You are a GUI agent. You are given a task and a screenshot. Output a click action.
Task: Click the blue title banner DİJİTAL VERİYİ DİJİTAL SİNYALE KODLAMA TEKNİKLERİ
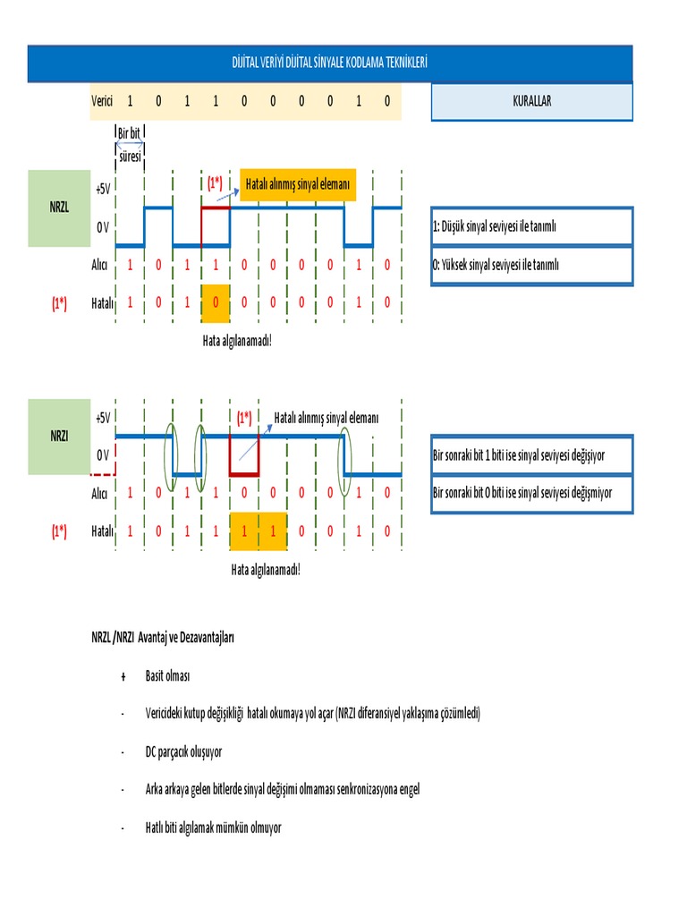329,63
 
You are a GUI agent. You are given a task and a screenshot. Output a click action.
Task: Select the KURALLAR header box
531,101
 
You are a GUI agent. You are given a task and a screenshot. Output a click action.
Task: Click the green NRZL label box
58,208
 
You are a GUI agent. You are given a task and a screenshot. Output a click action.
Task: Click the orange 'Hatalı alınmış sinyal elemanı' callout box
299,185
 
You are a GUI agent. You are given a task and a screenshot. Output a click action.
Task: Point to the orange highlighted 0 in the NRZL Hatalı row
216,302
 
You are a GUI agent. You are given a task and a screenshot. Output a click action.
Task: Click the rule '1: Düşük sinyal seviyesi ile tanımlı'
531,226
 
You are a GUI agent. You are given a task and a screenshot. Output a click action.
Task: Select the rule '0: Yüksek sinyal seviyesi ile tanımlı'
531,265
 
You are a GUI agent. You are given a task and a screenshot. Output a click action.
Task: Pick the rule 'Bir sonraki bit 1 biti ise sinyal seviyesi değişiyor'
531,455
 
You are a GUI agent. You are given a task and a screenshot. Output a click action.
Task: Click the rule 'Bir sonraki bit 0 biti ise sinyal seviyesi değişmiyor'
531,493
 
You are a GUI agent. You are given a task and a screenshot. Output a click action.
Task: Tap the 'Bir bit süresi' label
130,145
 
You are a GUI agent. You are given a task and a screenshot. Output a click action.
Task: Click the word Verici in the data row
102,101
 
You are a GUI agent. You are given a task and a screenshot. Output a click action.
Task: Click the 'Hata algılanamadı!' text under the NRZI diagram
266,569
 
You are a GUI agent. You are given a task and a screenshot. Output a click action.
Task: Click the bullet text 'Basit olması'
168,675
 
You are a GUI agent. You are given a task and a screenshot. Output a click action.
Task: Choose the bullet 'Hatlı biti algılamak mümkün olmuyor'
213,827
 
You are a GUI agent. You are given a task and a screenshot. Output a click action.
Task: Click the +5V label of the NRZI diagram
103,418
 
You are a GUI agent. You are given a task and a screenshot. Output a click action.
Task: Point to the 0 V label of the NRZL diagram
103,227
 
